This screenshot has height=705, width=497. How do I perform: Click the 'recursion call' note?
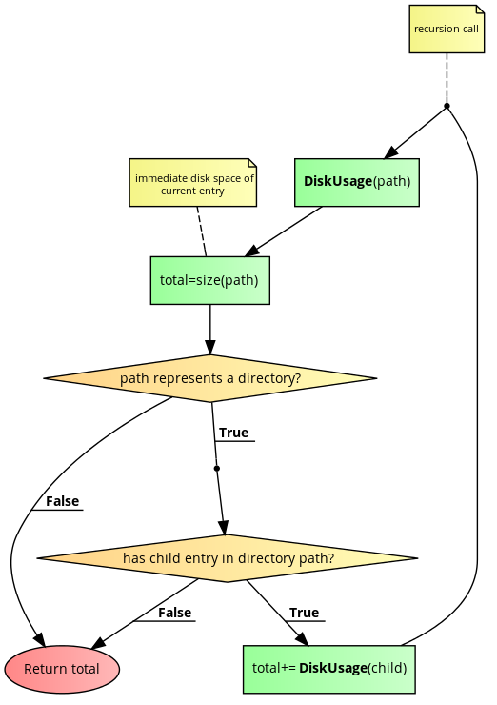coord(447,29)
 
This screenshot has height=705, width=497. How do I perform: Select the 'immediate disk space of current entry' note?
coord(193,183)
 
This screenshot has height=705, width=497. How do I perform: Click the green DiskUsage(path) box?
coord(356,182)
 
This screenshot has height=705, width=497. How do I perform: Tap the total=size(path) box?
coord(209,280)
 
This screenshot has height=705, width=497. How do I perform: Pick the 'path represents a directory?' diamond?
coord(209,378)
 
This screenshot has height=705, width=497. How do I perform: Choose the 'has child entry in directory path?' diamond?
coord(227,558)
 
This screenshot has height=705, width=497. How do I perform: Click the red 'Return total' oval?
coord(62,669)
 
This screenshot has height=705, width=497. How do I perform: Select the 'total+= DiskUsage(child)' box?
coord(329,669)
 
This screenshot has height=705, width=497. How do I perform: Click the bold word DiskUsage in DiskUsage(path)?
coord(337,182)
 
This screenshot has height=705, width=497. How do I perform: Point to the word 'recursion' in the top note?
coord(436,30)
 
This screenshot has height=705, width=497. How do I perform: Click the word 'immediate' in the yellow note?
coord(161,178)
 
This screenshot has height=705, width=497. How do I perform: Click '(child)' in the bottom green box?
coord(387,669)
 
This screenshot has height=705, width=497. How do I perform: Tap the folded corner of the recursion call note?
coord(478,10)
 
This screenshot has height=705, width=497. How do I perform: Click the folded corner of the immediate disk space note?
coord(250,164)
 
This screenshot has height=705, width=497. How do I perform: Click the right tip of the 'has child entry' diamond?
coord(409,558)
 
